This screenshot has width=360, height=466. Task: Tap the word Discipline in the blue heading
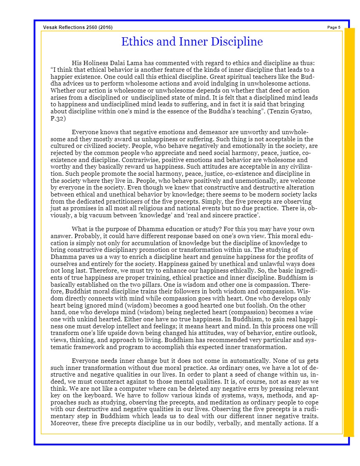click(x=238, y=42)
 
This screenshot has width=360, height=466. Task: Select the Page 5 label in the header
click(x=334, y=27)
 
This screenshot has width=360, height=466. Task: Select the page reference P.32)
click(x=58, y=118)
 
